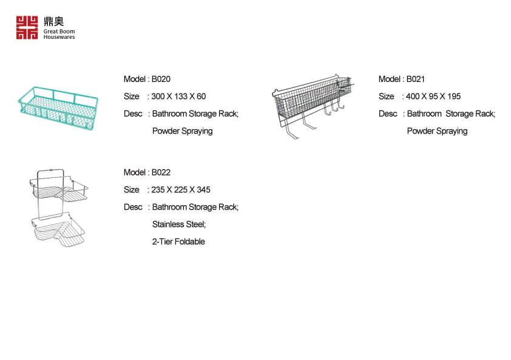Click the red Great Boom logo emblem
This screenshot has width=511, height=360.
[x=27, y=28]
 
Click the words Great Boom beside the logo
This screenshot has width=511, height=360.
[x=59, y=32]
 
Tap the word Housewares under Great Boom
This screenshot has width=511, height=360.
[x=59, y=37]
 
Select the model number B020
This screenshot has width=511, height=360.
[x=161, y=80]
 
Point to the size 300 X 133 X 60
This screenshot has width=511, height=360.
[x=178, y=97]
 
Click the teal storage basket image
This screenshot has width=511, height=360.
[x=58, y=108]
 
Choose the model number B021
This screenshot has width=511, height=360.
[x=416, y=80]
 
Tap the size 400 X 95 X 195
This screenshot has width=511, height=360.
[x=433, y=97]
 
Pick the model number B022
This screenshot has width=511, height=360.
[x=161, y=172]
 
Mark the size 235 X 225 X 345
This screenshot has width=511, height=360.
[x=180, y=190]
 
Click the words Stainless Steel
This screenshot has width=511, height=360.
[x=179, y=225]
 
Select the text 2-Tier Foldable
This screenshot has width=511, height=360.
[x=178, y=242]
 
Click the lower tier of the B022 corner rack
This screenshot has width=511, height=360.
[x=59, y=230]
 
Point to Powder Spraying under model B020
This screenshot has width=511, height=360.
[x=183, y=131]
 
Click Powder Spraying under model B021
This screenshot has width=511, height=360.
[x=438, y=131]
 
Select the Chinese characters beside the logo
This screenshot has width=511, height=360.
[x=54, y=21]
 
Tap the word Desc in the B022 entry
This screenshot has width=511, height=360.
[x=133, y=207]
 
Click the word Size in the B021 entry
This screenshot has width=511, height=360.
[x=386, y=97]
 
